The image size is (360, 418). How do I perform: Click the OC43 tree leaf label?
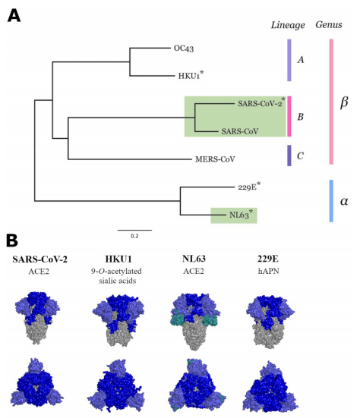point(185,49)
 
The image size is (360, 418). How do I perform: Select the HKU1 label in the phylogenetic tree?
point(188,76)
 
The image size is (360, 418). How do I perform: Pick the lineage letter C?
point(301,156)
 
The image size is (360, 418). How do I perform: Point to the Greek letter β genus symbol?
point(343,102)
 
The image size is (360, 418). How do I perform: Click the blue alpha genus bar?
point(330,201)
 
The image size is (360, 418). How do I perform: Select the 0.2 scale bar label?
point(134,237)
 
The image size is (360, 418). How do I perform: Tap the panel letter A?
point(13,14)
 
